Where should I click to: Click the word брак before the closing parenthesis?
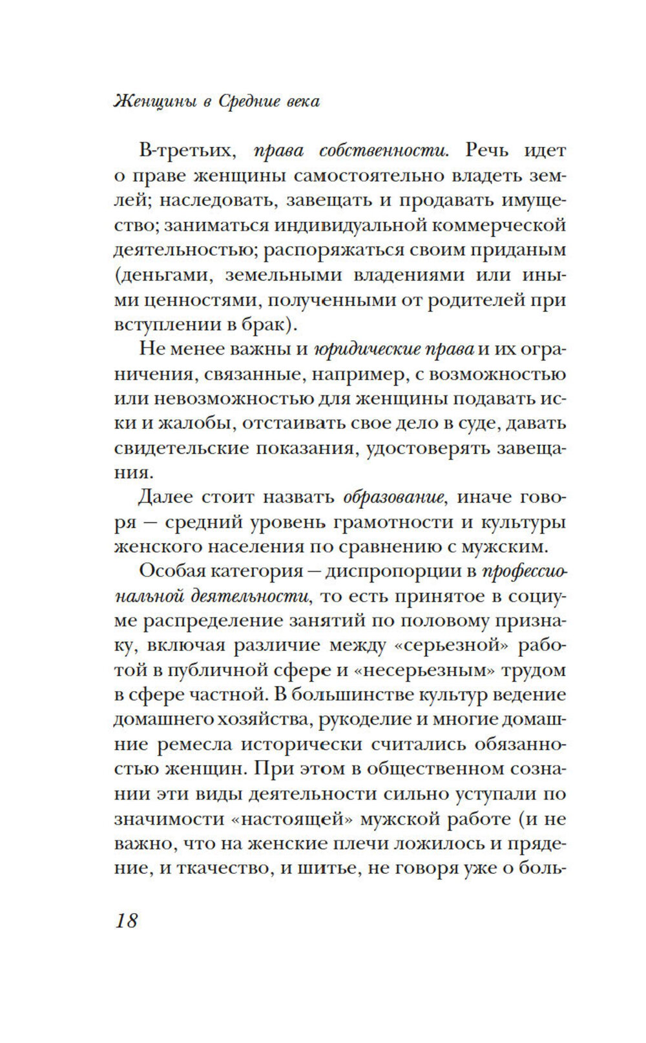tap(266, 325)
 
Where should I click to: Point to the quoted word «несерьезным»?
tap(430, 671)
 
